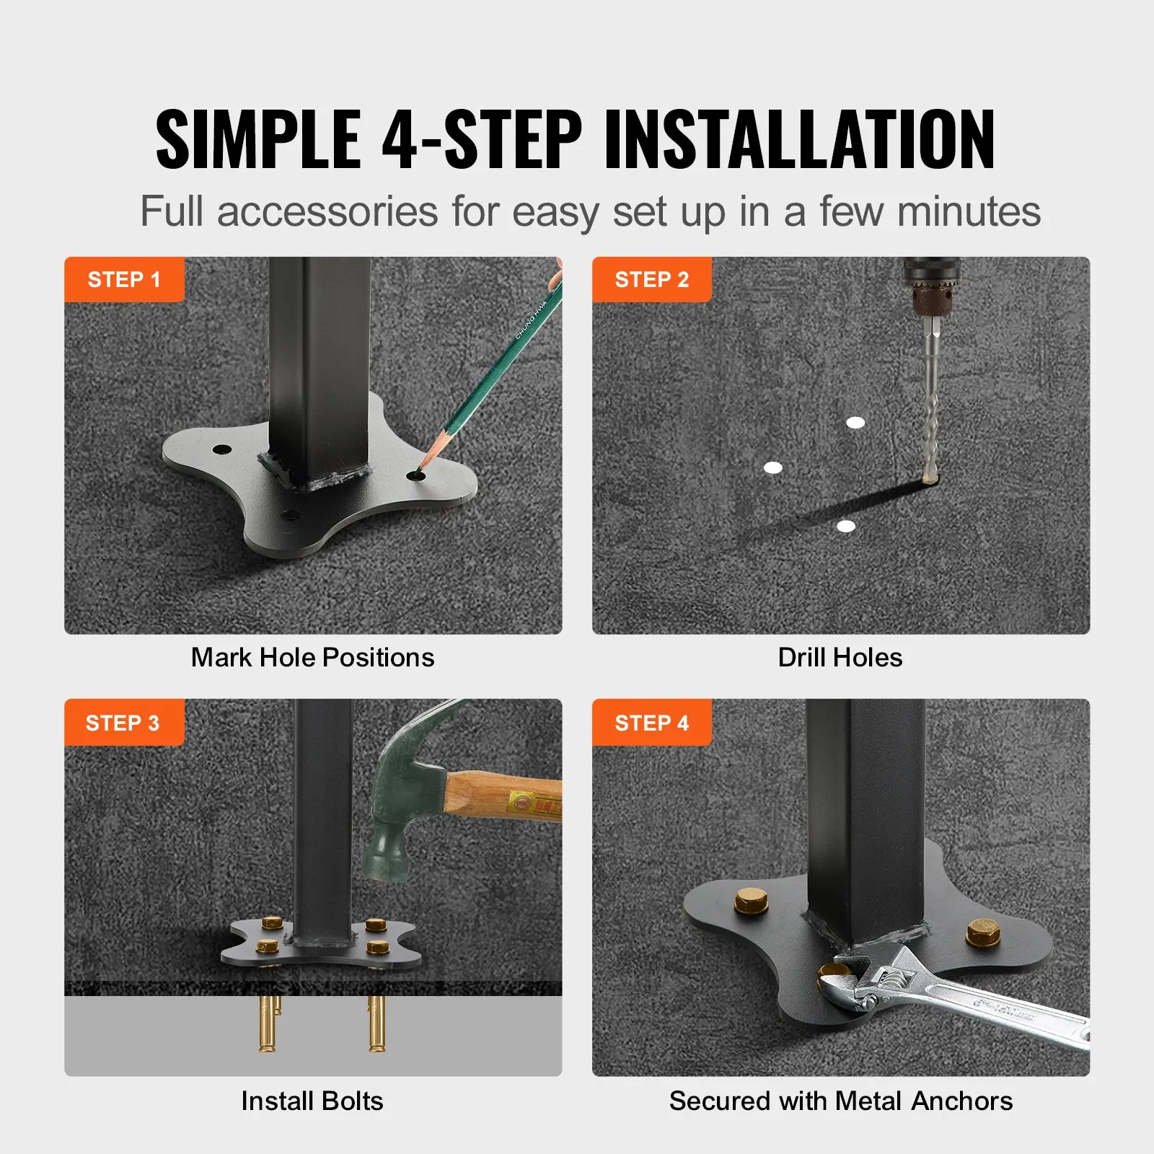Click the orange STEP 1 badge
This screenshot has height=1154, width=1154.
[123, 279]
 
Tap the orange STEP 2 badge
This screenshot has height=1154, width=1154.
[651, 279]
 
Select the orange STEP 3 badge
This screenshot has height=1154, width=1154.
[123, 722]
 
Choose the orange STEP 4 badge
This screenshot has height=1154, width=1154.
[651, 722]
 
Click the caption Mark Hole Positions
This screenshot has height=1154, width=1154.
[312, 658]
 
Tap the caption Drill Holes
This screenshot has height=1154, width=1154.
[840, 658]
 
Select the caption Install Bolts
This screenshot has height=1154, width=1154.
[312, 1101]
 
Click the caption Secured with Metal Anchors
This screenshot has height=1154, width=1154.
[840, 1101]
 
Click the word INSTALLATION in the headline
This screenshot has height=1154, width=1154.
[799, 139]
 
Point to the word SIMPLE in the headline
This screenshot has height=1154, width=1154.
[258, 139]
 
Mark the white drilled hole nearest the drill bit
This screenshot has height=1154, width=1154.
[855, 423]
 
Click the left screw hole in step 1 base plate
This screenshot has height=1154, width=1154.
[221, 449]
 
